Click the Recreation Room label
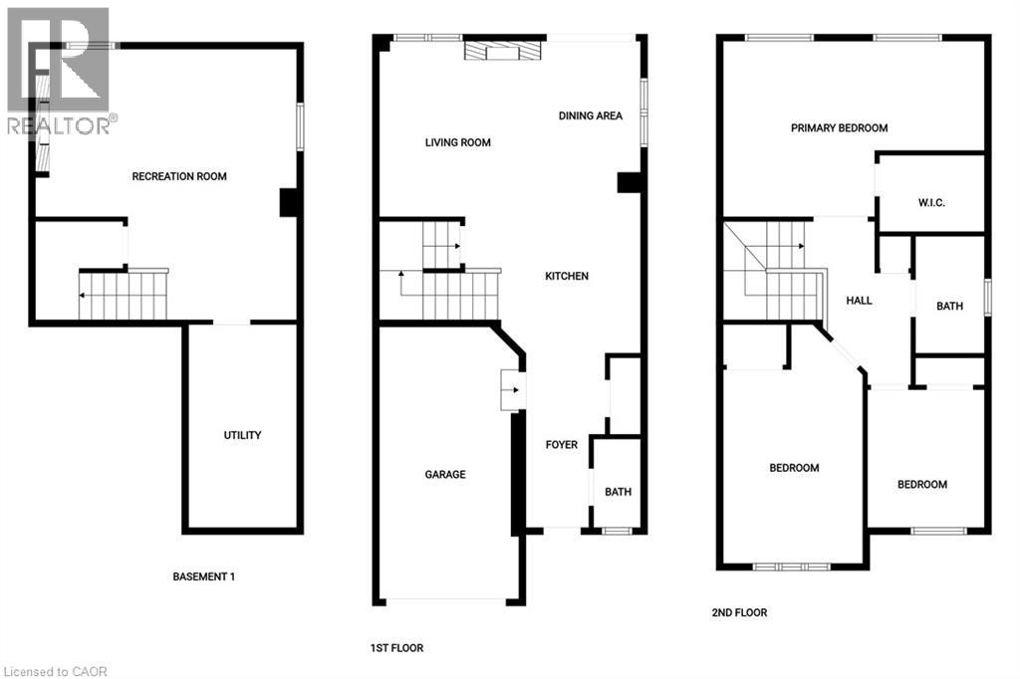click(179, 176)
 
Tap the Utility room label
click(242, 435)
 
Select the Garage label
click(445, 475)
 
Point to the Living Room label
click(457, 142)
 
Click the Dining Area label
click(590, 115)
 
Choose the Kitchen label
click(566, 276)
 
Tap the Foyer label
click(561, 444)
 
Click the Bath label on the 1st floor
click(618, 492)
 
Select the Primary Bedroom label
click(839, 127)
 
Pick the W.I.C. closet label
click(931, 203)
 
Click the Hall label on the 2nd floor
click(859, 300)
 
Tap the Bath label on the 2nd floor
click(949, 306)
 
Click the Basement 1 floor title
click(203, 576)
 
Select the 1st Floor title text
click(396, 648)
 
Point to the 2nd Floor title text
click(739, 612)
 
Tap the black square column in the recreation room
click(290, 202)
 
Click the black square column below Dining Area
click(630, 182)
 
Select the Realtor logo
click(58, 70)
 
